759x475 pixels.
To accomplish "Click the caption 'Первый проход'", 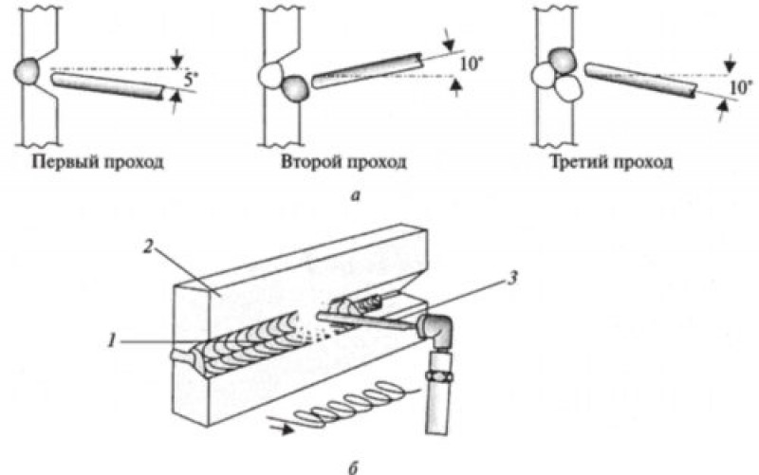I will (99, 161).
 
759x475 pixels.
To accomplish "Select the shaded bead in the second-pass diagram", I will (295, 88).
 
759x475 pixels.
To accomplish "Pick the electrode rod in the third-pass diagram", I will (640, 81).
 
